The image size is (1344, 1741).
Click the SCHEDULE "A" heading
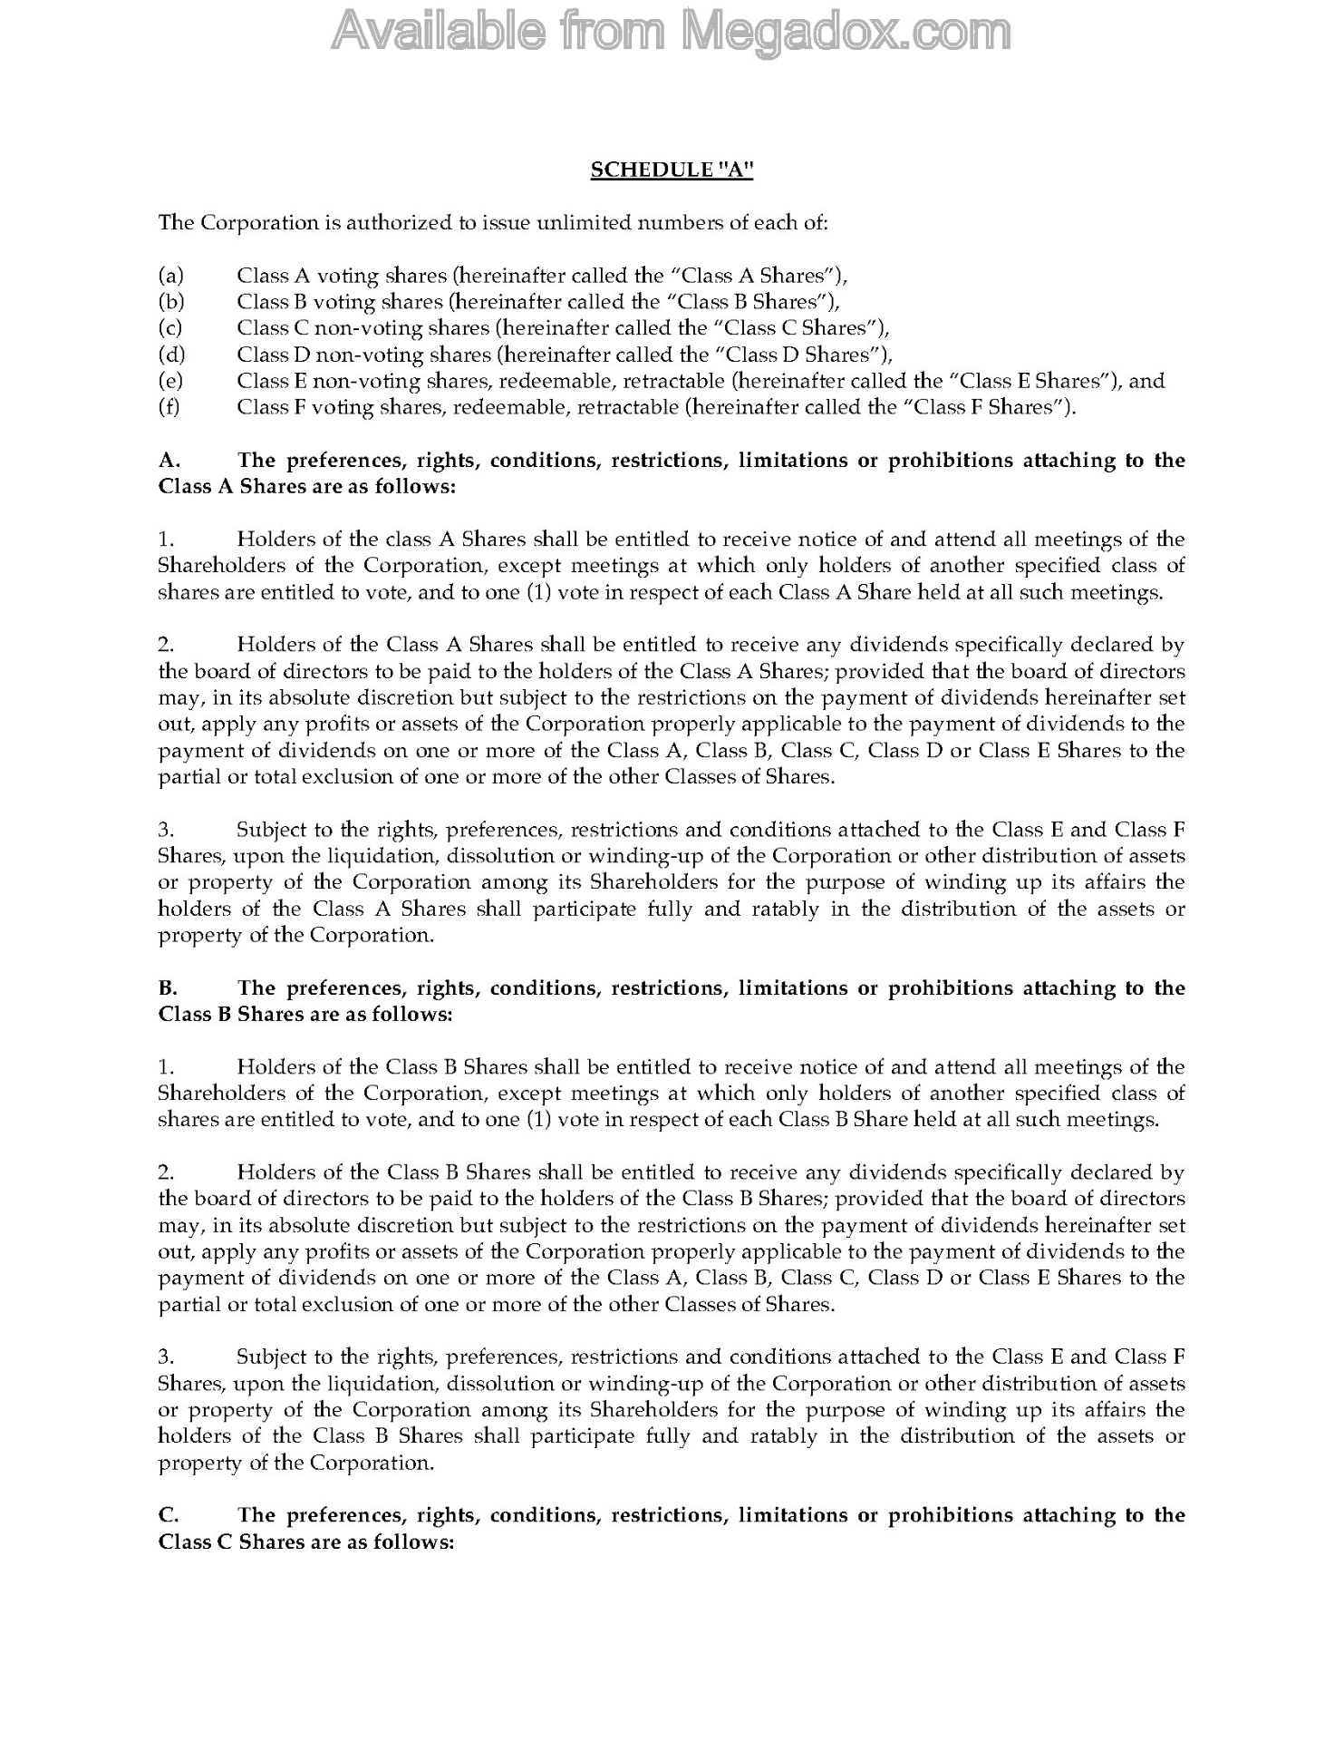672,170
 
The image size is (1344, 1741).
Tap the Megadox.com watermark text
671,32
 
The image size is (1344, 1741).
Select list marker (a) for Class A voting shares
170,276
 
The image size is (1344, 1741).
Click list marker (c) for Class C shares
170,328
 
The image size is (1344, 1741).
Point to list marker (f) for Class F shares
169,407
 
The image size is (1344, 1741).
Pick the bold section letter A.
166,461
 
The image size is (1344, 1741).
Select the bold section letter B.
166,988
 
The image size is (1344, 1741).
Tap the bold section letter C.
166,1515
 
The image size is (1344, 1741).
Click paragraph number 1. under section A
165,540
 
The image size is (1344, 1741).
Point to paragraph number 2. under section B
165,1172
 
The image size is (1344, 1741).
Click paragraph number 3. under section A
165,830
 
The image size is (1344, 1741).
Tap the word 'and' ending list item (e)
1146,381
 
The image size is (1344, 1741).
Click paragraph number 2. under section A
165,645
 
